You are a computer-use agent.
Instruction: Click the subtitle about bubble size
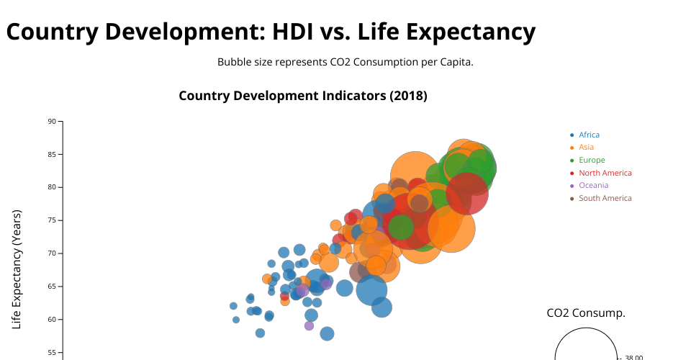[345, 62]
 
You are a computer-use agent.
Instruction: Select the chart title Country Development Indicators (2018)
[303, 96]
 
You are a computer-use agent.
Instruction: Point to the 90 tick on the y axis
[52, 121]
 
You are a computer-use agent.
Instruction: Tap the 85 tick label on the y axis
[52, 154]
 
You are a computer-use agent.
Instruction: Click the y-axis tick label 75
[52, 220]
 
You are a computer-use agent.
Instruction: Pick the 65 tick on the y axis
[52, 287]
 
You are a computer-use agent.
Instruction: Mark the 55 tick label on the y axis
[52, 353]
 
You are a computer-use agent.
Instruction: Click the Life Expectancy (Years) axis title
[17, 270]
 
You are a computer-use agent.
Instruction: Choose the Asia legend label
[586, 147]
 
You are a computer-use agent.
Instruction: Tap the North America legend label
[605, 173]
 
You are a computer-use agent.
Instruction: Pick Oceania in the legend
[593, 185]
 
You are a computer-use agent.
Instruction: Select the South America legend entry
[605, 198]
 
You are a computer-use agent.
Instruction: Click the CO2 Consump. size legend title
[586, 313]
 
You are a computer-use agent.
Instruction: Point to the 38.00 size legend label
[633, 358]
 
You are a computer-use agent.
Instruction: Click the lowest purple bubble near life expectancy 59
[309, 325]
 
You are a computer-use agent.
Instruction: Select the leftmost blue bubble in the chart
[233, 306]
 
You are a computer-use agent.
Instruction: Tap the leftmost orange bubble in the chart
[266, 279]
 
